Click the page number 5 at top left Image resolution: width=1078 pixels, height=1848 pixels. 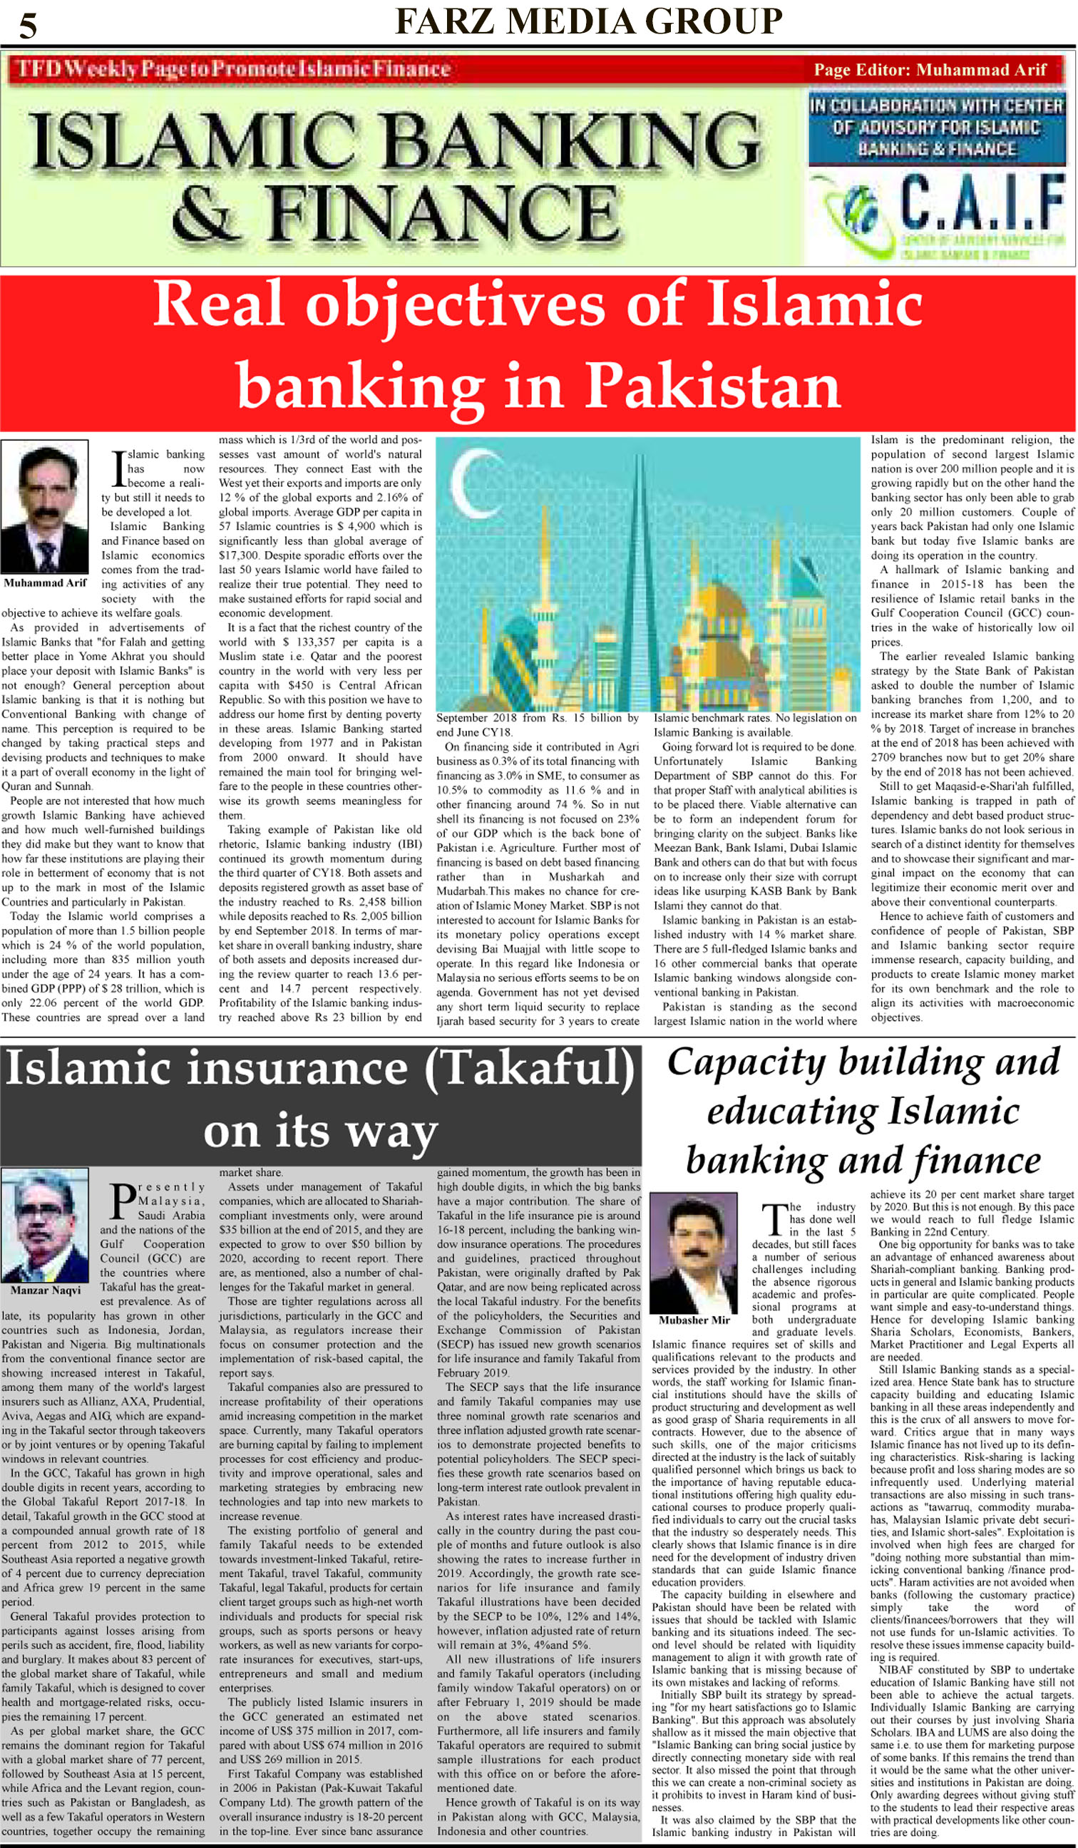click(x=28, y=26)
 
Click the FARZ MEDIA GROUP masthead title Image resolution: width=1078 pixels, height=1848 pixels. click(x=588, y=21)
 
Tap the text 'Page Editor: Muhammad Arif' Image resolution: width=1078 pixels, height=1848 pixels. click(x=929, y=71)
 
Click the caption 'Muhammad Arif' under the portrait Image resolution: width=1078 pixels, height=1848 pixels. click(x=45, y=583)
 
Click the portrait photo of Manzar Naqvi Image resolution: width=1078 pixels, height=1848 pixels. click(x=45, y=1225)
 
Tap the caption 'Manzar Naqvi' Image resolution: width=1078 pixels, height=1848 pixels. click(x=45, y=1290)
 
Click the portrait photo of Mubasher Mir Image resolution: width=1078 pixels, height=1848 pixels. click(x=693, y=1253)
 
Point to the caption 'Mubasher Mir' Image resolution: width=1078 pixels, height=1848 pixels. click(x=694, y=1320)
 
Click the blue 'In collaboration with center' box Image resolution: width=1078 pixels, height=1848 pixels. click(x=936, y=128)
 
